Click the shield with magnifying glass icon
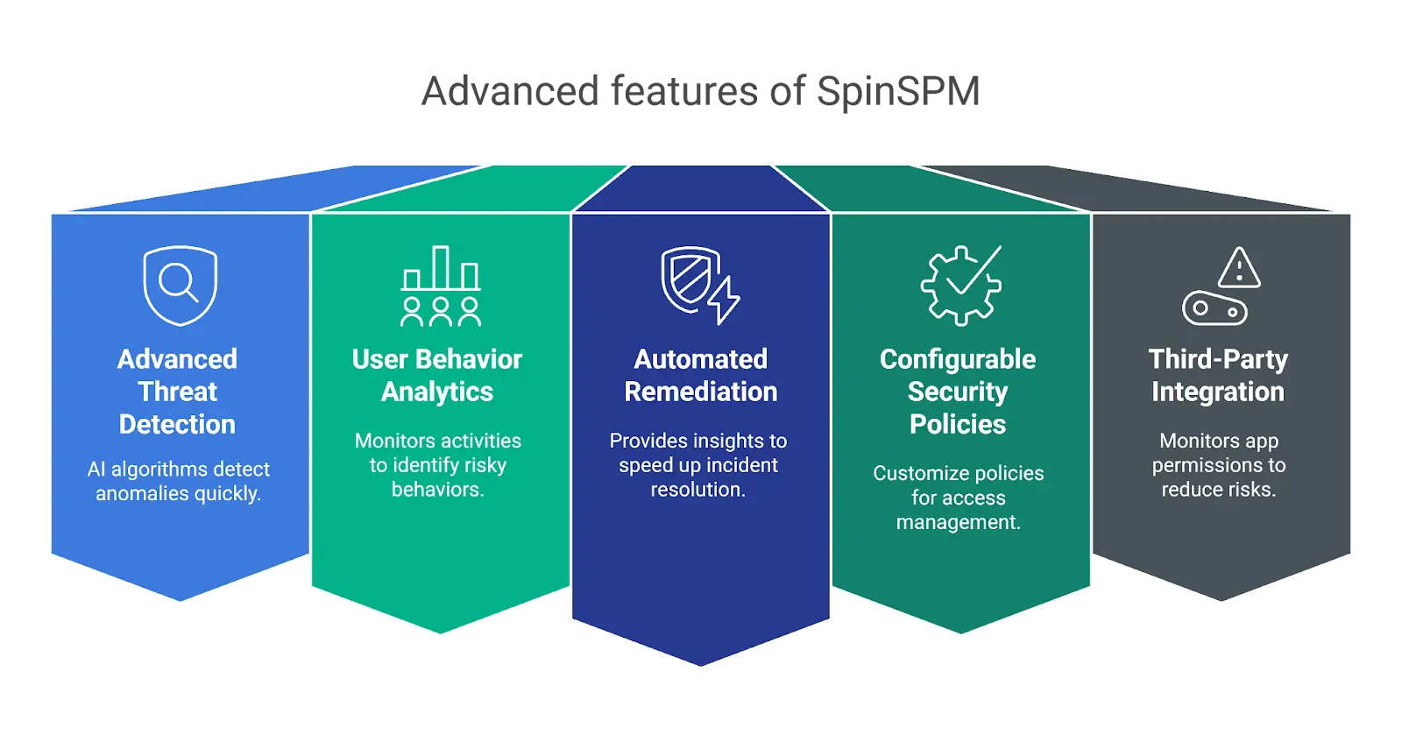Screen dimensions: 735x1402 click(x=180, y=286)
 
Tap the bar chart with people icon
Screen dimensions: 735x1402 click(x=440, y=286)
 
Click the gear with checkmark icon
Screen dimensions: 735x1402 click(x=960, y=286)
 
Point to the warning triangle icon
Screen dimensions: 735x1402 click(x=1239, y=267)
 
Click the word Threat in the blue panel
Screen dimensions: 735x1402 click(x=177, y=392)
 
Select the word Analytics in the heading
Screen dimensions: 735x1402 click(x=437, y=392)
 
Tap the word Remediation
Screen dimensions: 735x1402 click(x=700, y=392)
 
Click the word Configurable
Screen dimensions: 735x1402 click(x=958, y=359)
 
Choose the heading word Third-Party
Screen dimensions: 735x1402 click(x=1218, y=359)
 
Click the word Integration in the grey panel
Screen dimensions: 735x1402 click(x=1218, y=392)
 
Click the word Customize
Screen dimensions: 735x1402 click(x=914, y=473)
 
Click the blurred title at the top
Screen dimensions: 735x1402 click(x=701, y=92)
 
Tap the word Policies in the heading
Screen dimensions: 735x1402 click(x=958, y=424)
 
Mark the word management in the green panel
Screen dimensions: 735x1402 click(x=958, y=522)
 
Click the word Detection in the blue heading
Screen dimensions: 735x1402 click(x=177, y=424)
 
